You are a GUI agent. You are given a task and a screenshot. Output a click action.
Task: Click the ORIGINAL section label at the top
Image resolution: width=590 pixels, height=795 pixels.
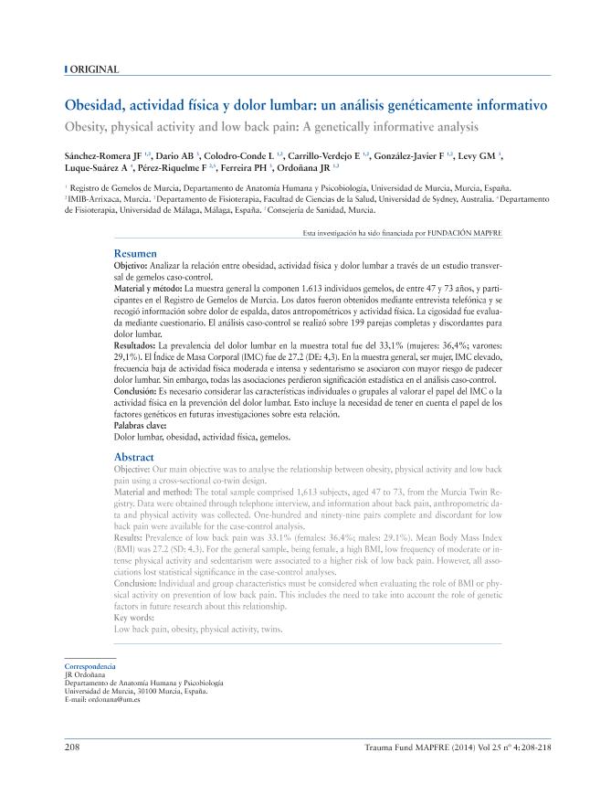pos(95,69)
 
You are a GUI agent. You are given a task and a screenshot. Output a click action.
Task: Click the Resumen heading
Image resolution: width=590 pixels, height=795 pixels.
pos(136,252)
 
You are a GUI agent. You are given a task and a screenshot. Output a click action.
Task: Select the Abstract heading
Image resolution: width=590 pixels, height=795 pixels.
pos(134,456)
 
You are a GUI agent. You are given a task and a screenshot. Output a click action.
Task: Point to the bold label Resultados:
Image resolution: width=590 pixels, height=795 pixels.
pos(136,347)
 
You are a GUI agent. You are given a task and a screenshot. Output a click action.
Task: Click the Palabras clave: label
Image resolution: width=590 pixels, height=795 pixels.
pos(142,426)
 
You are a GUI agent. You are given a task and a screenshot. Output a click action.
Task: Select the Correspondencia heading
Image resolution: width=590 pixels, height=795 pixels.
pos(90,667)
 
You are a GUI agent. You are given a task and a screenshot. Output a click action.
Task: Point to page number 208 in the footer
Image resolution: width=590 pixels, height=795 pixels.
pos(73,747)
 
